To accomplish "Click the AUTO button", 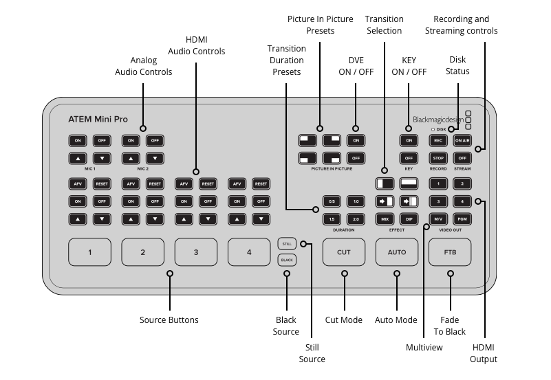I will (397, 252).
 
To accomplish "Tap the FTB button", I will (450, 252).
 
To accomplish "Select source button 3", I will (196, 252).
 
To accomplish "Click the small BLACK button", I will (286, 260).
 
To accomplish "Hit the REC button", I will (438, 140).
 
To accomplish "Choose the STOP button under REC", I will (438, 158).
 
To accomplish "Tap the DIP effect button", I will (409, 219).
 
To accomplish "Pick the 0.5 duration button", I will (332, 201).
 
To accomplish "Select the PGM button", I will (462, 219).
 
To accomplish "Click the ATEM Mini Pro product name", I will (98, 119).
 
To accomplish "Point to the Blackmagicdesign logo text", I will (437, 118).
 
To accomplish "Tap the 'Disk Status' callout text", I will (458, 65).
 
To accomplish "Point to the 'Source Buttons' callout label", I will (169, 320).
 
